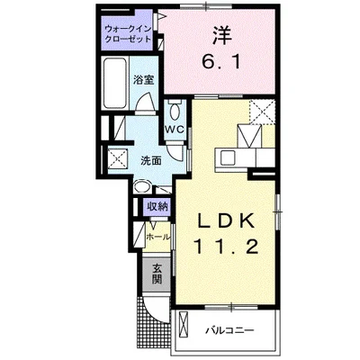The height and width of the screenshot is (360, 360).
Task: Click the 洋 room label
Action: (x=222, y=35)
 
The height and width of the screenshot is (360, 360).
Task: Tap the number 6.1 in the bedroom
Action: (x=221, y=62)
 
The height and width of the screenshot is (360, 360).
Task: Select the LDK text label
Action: (x=226, y=221)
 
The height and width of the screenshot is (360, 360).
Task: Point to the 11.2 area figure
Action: (x=227, y=247)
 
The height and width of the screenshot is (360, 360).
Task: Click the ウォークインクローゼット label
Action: (x=128, y=34)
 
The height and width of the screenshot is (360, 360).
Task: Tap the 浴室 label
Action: (x=144, y=80)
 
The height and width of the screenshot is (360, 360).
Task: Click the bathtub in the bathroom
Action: (x=115, y=83)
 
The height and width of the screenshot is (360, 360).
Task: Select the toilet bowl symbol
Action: (x=175, y=111)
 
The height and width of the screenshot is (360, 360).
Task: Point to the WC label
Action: (x=175, y=130)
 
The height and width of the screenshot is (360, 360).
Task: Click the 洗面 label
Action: (x=151, y=161)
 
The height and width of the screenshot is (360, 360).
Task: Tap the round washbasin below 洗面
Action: (x=140, y=187)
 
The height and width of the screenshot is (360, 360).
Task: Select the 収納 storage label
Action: (x=157, y=206)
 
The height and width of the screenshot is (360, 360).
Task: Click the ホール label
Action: (x=158, y=237)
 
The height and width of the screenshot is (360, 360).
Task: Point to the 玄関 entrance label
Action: (x=157, y=274)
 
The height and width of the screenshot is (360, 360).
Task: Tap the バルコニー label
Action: (x=230, y=331)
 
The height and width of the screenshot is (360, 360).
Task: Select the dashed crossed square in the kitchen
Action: (x=263, y=112)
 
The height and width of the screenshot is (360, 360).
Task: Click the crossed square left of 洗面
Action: (x=118, y=158)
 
